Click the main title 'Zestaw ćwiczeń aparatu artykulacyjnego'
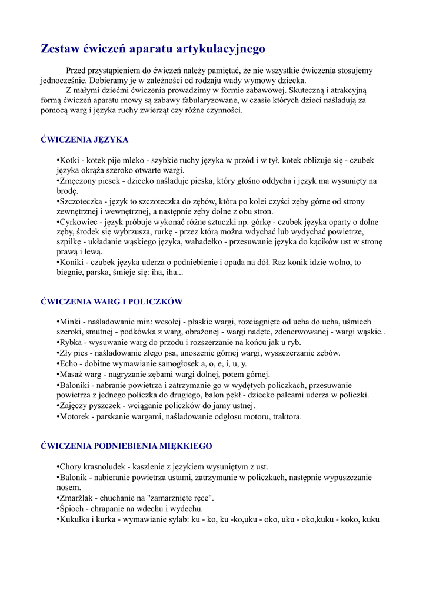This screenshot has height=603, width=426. coord(153,49)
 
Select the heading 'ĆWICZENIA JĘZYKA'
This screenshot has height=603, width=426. coord(84,140)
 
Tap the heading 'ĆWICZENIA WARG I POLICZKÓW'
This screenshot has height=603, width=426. coord(111,301)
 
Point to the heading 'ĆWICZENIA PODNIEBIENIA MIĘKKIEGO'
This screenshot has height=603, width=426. coord(126,446)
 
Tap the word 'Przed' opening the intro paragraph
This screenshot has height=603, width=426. coord(76,70)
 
